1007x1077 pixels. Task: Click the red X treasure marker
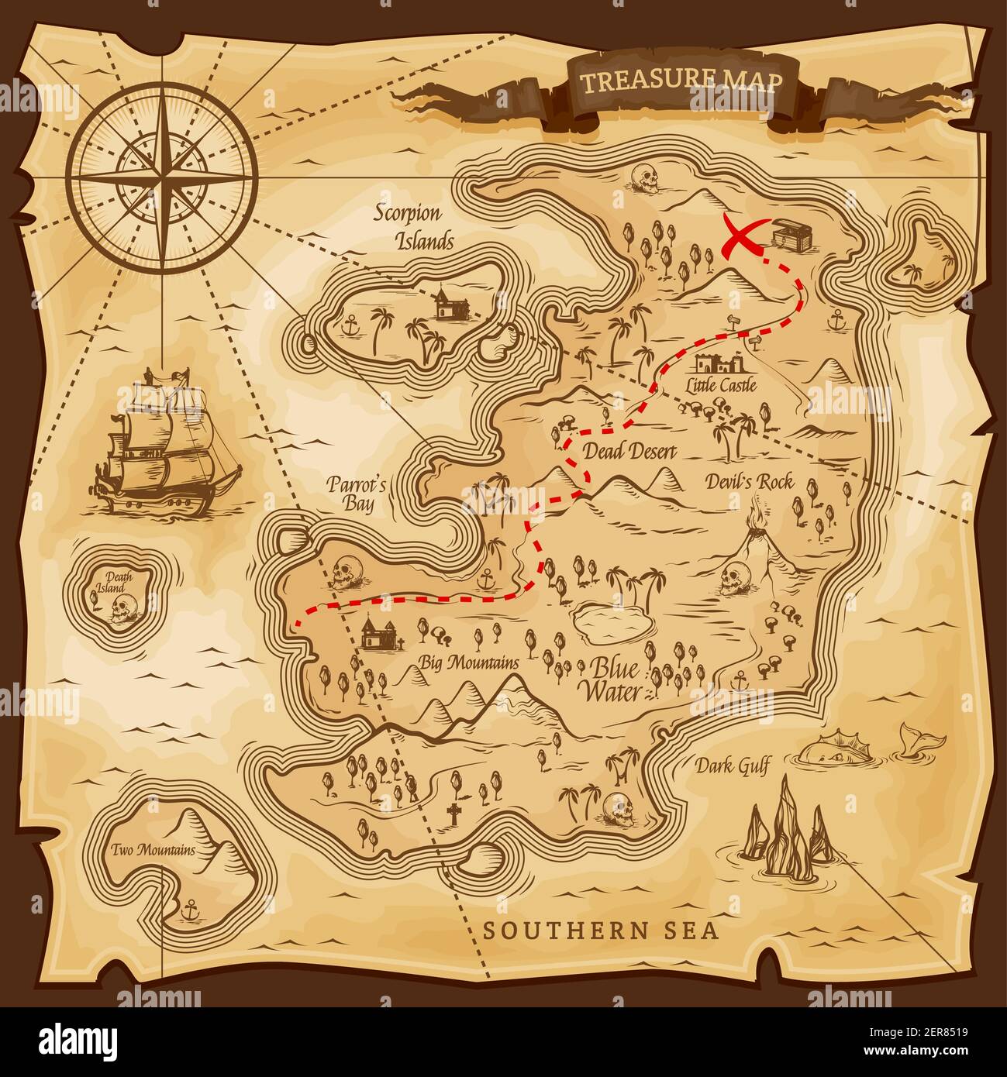[741, 234]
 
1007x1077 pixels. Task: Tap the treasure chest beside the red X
[791, 234]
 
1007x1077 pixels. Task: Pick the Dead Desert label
[629, 452]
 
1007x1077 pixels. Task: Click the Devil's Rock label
[749, 482]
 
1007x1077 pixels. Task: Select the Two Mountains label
[153, 850]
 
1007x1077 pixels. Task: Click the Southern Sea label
[601, 931]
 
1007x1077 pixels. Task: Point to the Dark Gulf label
[732, 767]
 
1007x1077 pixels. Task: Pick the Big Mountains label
[468, 662]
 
